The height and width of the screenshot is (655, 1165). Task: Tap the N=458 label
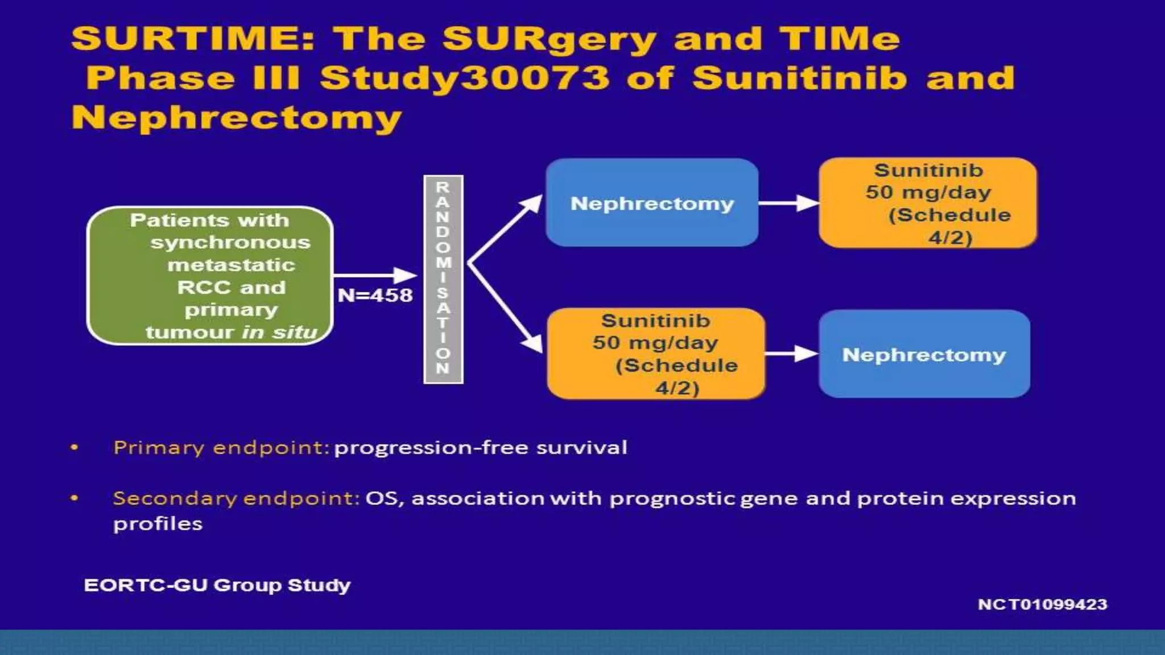(375, 295)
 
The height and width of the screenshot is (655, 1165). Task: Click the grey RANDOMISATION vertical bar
(443, 279)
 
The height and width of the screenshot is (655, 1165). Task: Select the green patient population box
(209, 276)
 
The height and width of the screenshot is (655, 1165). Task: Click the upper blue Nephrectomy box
(652, 203)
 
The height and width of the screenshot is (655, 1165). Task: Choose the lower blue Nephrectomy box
(924, 354)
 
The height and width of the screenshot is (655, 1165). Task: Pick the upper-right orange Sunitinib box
(928, 203)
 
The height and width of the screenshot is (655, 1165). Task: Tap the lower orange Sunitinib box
(655, 354)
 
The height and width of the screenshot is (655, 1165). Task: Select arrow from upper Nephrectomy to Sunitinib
(788, 203)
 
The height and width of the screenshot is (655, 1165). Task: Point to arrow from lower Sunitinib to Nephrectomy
(791, 354)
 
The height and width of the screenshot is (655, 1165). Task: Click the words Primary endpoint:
(221, 447)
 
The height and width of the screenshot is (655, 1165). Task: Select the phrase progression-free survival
(481, 447)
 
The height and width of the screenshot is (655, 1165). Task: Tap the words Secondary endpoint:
(236, 498)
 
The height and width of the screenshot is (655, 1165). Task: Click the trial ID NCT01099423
(1042, 604)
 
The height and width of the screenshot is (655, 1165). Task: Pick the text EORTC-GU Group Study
(217, 585)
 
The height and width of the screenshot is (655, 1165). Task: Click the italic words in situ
(279, 332)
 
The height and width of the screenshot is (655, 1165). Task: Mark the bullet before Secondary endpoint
(74, 498)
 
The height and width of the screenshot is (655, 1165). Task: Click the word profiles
(158, 524)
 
